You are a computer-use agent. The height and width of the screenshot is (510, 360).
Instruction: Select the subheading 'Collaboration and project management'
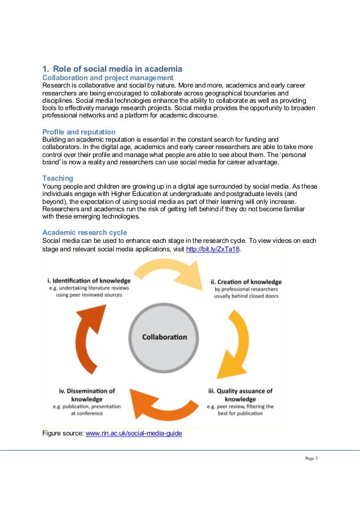108,77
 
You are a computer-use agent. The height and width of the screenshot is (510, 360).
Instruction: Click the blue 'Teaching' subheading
58,178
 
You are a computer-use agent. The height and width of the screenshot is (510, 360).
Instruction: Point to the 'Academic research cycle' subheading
85,233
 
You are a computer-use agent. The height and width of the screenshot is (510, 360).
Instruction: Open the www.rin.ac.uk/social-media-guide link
133,434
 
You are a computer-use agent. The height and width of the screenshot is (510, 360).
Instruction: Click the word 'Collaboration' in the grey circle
164,337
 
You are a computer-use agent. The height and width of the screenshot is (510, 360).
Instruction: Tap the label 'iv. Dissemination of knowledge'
87,395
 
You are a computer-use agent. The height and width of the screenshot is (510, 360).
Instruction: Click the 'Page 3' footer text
309,457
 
